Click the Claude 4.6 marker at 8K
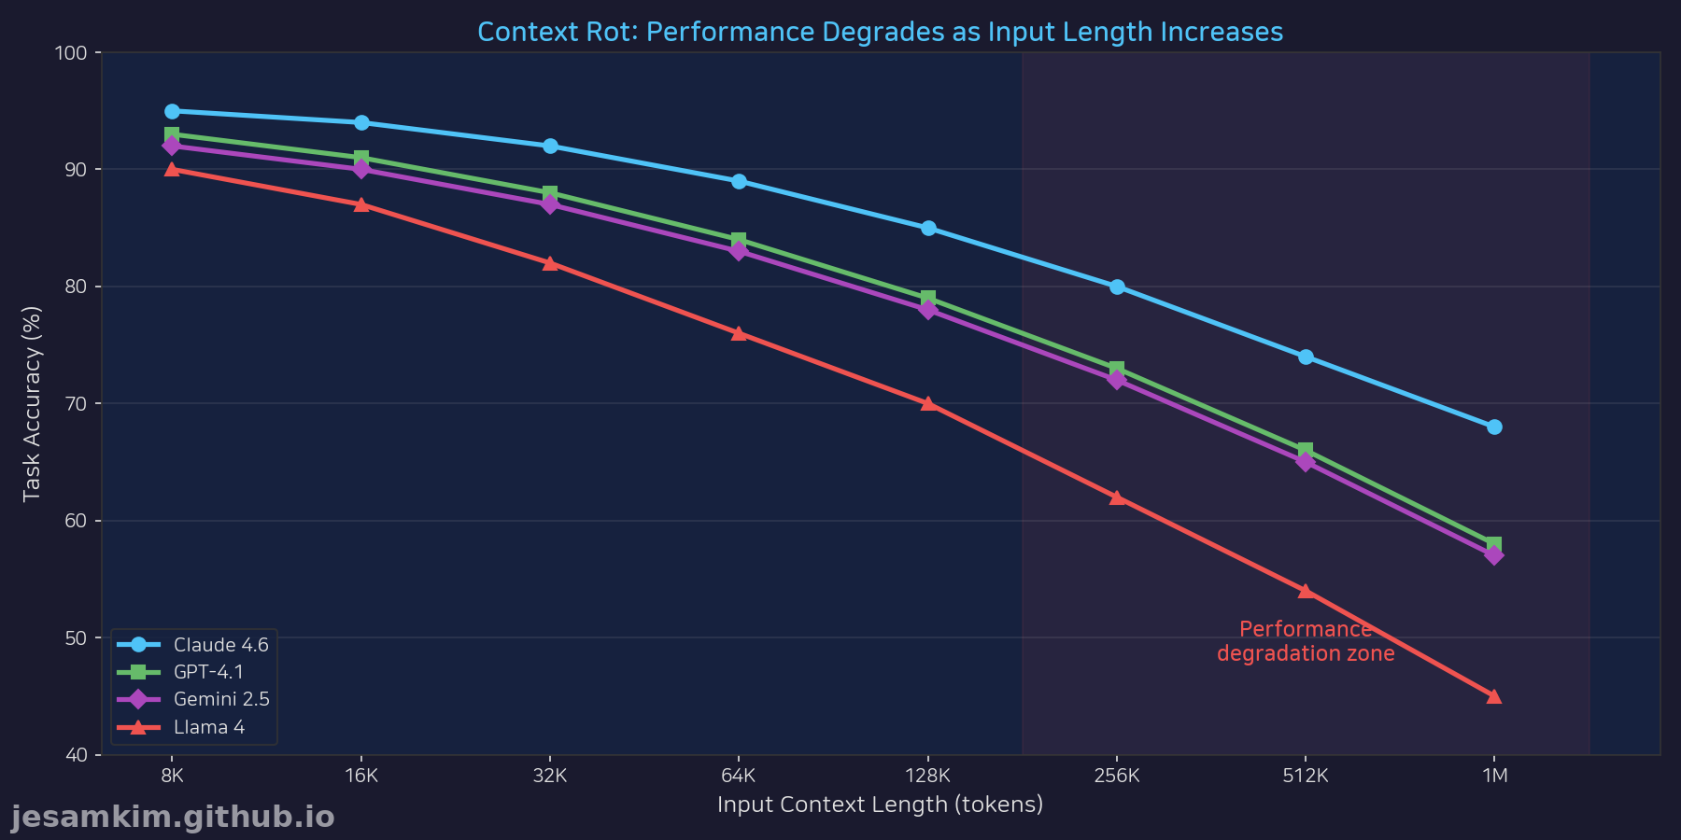172,111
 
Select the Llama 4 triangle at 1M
1494,696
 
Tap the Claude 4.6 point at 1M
1494,427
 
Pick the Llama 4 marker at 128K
928,404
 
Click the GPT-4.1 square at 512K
1306,451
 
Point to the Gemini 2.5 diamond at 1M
1494,555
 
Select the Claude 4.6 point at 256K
1117,287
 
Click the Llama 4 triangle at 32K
550,263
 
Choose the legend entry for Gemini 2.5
220,699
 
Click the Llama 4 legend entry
208,727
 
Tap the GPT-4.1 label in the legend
208,672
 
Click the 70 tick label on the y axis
75,404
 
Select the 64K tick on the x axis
739,776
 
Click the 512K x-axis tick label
1306,776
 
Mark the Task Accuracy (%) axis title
32,403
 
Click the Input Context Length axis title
880,804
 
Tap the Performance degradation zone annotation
1306,641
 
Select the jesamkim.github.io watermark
173,817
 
